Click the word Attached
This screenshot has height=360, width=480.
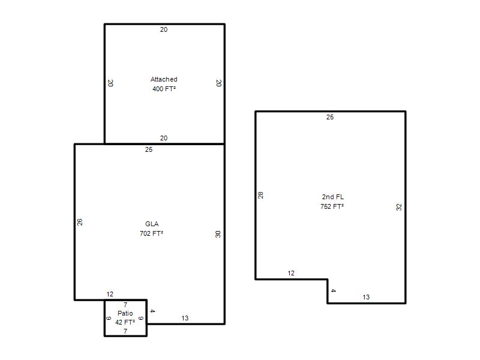(x=164, y=79)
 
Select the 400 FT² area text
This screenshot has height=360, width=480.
(x=164, y=89)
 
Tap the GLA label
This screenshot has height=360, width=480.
(x=152, y=224)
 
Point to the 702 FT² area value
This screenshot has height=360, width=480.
(x=151, y=233)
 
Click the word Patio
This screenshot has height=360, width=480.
(x=125, y=313)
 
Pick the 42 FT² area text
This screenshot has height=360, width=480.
(x=125, y=322)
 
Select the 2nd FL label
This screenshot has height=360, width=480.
(x=333, y=197)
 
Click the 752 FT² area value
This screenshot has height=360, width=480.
(x=332, y=206)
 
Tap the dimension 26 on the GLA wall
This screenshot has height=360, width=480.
(x=80, y=222)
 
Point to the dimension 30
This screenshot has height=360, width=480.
(x=218, y=234)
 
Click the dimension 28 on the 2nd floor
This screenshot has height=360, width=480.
(x=260, y=195)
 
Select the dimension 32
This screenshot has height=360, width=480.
(x=398, y=207)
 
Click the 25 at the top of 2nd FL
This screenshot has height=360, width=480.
(x=329, y=117)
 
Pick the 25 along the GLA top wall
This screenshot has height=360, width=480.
(x=148, y=149)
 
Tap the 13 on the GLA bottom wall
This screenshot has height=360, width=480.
(x=185, y=318)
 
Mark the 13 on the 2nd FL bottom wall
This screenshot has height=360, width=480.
(x=366, y=297)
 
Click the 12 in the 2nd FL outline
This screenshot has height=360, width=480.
(x=291, y=273)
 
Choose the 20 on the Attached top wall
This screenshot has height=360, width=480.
(x=164, y=29)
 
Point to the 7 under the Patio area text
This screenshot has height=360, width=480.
(x=125, y=331)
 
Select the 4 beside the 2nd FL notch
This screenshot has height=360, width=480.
(x=333, y=290)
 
